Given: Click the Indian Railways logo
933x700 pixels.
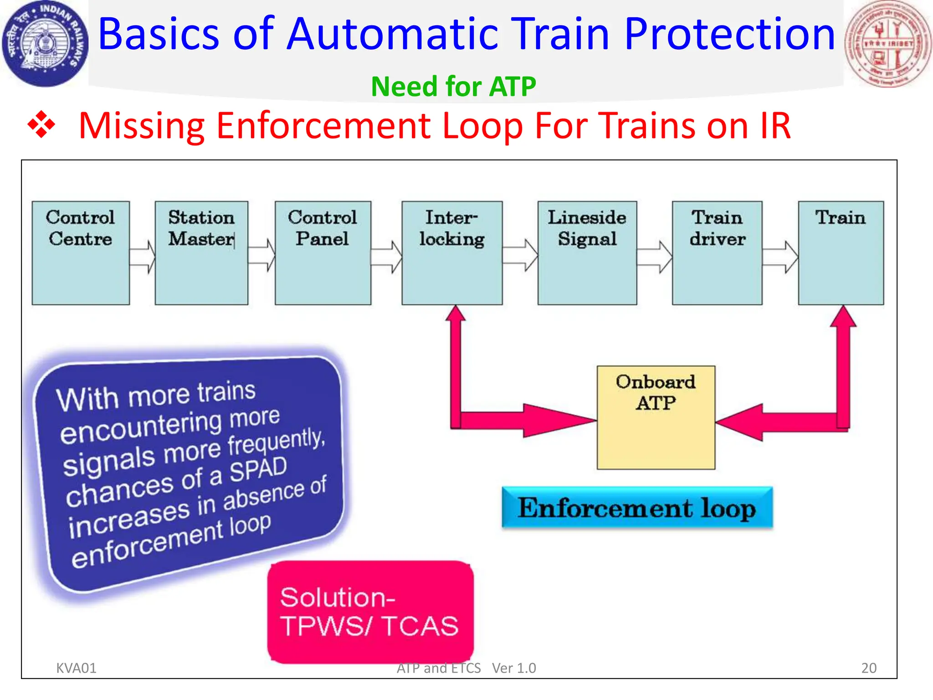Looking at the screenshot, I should point(44,44).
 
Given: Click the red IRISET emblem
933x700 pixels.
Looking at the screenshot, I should point(887,44).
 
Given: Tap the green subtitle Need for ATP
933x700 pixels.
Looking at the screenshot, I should point(453,87).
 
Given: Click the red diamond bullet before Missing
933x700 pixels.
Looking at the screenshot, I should point(41,124).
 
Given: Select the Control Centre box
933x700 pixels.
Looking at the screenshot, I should point(81,253).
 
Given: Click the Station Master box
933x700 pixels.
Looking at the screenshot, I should point(201,253).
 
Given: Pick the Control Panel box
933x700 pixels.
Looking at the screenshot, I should point(323,253).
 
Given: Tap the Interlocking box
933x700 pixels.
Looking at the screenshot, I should point(452,253).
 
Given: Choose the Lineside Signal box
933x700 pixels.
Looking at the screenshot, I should point(587,253).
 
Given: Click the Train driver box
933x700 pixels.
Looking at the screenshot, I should point(717,253).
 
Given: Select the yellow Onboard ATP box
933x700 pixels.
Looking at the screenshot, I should point(656,417).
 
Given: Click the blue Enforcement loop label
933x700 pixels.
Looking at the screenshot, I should point(637,508).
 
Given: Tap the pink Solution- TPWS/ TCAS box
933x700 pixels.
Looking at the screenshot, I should point(370,612).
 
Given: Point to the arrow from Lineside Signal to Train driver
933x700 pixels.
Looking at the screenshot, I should point(655,257).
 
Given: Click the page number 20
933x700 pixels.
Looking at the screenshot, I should point(868,668).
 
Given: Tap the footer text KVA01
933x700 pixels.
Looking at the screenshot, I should point(76,668).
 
